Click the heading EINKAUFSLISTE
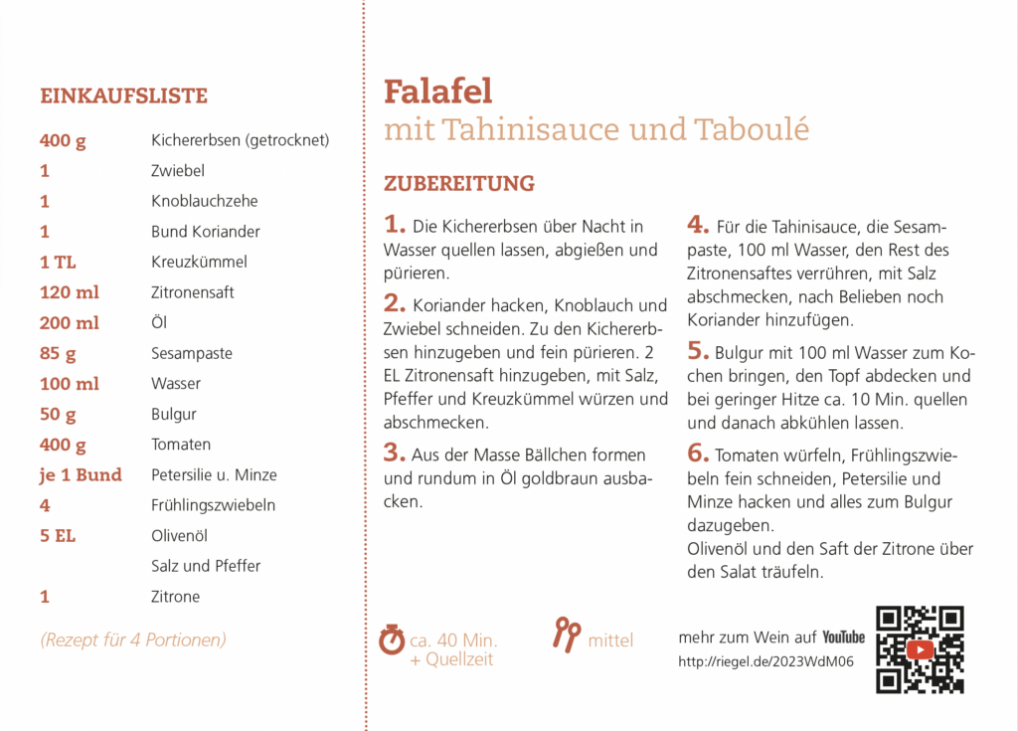coord(123,96)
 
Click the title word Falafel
coord(438,91)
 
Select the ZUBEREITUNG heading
coord(459,184)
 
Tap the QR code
coord(920,649)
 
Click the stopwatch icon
coord(393,639)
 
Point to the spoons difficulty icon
coord(567,634)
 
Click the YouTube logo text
coord(843,637)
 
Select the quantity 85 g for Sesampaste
coord(58,353)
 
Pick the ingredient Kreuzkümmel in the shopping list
coord(199,262)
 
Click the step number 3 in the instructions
coord(394,454)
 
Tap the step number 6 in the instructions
coord(698,454)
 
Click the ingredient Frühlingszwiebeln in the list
coord(213,505)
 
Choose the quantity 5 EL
coord(58,536)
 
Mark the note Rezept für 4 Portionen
coord(133,640)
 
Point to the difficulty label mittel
coord(610,640)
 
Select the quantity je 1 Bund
coord(81,474)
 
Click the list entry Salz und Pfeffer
coord(206,566)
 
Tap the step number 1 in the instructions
coord(394,226)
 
